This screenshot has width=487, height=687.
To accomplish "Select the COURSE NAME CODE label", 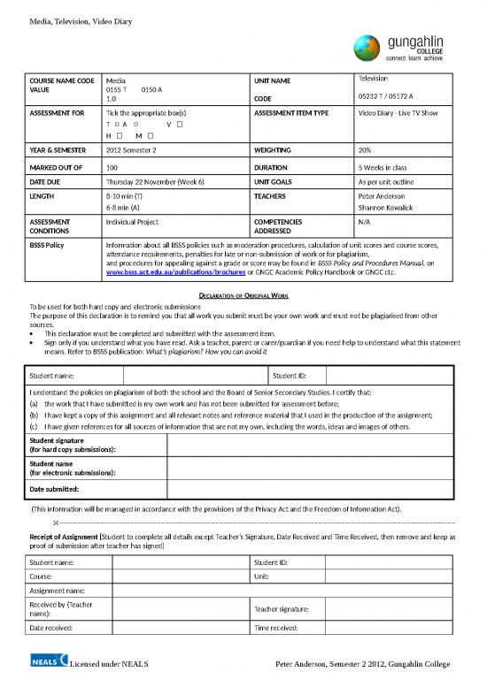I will [x=62, y=80].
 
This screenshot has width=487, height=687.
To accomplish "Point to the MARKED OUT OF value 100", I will [x=112, y=165].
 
